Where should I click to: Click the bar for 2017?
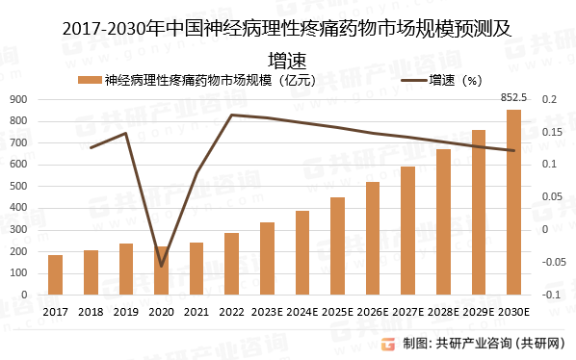click(x=55, y=275)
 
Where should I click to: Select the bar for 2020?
click(x=162, y=271)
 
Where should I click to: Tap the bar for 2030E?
click(x=513, y=202)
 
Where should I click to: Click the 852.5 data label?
click(x=514, y=97)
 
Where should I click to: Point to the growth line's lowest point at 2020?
click(x=162, y=265)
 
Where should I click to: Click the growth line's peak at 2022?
click(x=232, y=115)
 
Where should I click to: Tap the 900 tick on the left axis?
click(x=18, y=99)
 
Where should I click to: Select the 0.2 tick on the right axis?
click(x=549, y=99)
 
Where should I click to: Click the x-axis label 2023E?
click(x=267, y=312)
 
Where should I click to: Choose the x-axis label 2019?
click(x=126, y=312)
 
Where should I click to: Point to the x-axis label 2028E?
click(x=443, y=312)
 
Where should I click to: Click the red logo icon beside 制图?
click(x=386, y=344)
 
